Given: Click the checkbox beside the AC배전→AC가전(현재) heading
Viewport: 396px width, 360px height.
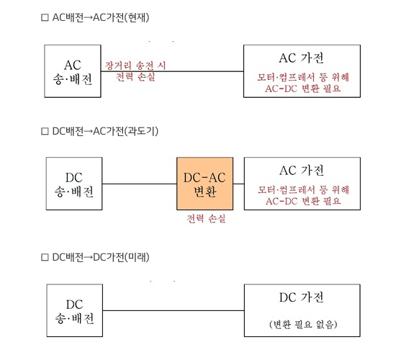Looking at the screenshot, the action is (45, 17).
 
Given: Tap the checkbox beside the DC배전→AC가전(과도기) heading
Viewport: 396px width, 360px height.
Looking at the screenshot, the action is (45, 131).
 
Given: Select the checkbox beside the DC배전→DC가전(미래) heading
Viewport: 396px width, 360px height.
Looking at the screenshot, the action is (45, 257).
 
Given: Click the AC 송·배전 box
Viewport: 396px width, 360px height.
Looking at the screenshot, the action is (73, 71).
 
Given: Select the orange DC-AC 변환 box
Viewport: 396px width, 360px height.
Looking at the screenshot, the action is (204, 184).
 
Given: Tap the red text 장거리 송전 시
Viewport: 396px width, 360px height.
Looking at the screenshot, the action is (135, 66).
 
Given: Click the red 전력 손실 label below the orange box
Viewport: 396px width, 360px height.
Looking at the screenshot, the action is (206, 219).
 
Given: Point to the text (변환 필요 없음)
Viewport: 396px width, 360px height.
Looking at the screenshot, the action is (303, 324).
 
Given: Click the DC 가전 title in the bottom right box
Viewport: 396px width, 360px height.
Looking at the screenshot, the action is (302, 297).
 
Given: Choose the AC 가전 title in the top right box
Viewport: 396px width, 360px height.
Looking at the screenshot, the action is (302, 58).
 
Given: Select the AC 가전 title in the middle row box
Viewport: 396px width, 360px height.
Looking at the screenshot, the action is (302, 170).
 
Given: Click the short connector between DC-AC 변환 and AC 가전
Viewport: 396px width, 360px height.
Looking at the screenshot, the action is (238, 184).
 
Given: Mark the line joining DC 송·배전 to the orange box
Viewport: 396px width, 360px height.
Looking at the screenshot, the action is (140, 184).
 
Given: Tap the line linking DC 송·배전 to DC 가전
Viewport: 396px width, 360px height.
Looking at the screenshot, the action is (174, 310).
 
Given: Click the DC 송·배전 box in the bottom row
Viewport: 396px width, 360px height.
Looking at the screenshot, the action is (74, 310).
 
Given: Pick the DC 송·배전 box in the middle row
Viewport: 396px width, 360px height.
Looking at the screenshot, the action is (74, 184).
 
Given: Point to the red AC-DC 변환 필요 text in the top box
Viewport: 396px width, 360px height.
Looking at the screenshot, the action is (303, 89).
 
